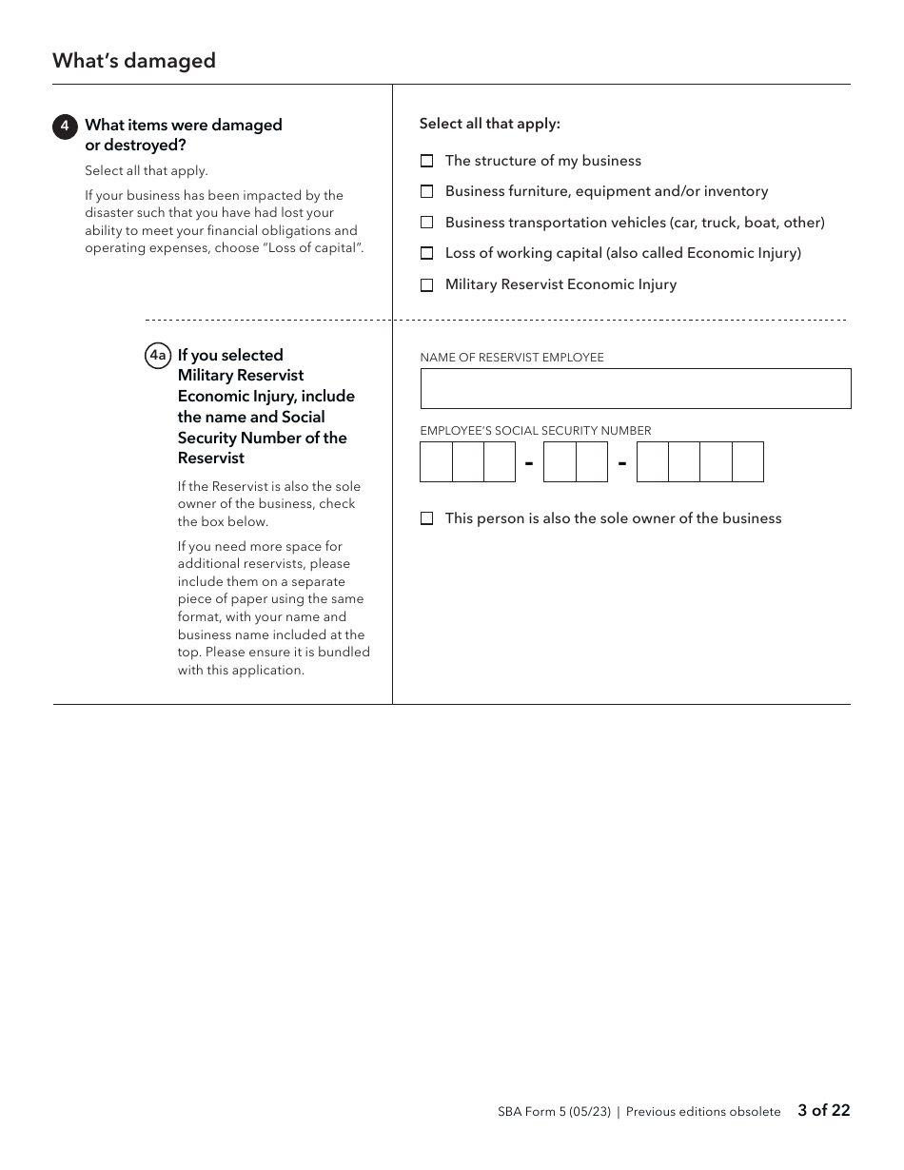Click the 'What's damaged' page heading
(134, 61)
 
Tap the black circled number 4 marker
(65, 126)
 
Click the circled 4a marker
(158, 356)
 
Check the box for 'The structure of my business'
(426, 161)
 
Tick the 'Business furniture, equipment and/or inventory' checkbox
(426, 191)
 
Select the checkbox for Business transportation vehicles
(426, 223)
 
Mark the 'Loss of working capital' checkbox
(426, 253)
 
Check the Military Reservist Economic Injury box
(426, 284)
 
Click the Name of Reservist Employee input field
(635, 389)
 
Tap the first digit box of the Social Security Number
(436, 462)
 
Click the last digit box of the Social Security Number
(748, 462)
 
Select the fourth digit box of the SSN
(560, 462)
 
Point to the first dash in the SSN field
(529, 463)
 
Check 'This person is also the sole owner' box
(426, 518)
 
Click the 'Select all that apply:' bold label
(489, 124)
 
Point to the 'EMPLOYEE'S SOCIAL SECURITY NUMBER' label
(535, 431)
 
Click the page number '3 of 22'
(823, 1110)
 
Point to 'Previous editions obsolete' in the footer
(702, 1111)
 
